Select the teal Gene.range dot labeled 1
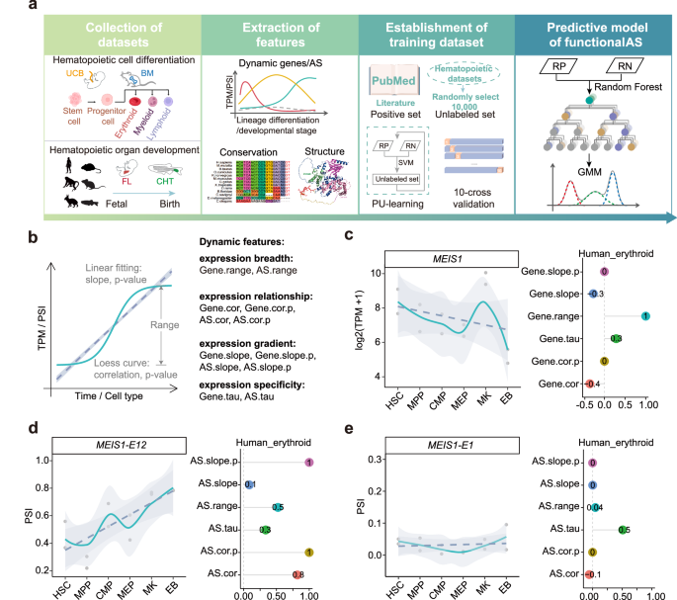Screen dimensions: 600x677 pos(644,316)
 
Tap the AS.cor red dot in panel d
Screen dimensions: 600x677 pos(296,574)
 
